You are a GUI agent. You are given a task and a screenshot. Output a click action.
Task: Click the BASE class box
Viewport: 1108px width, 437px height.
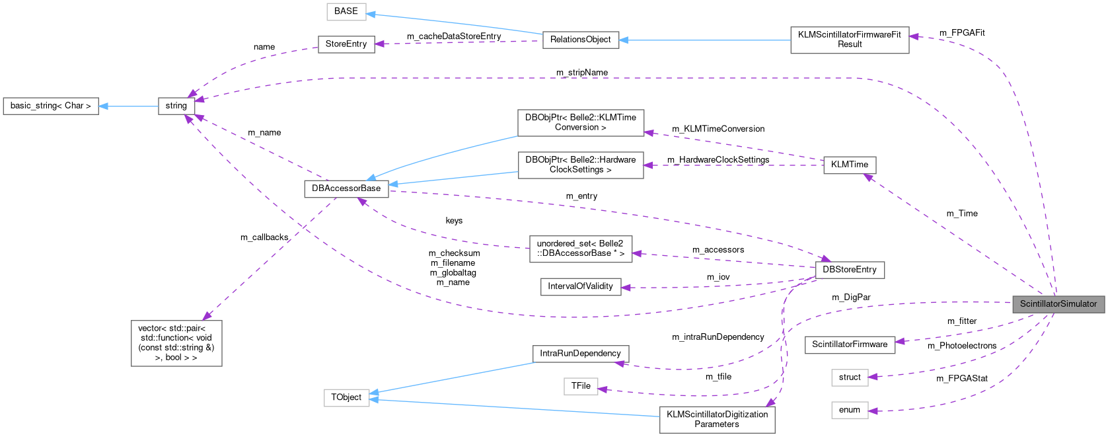pyautogui.click(x=346, y=11)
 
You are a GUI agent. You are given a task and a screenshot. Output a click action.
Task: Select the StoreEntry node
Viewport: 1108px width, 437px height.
pyautogui.click(x=346, y=44)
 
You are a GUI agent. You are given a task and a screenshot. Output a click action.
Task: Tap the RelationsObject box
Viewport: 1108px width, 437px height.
pyautogui.click(x=580, y=40)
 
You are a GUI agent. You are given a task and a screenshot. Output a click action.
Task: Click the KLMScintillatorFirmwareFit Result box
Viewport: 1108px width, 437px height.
pyautogui.click(x=849, y=40)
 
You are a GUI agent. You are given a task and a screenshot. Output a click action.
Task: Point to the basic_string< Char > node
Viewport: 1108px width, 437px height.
pyautogui.click(x=51, y=106)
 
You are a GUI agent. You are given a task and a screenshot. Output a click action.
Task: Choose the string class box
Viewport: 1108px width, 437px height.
pyautogui.click(x=176, y=106)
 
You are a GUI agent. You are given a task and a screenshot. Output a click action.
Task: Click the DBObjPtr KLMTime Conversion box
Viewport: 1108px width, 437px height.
pyautogui.click(x=580, y=122)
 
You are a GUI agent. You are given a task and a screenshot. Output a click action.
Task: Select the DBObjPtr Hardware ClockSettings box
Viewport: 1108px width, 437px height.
pyautogui.click(x=580, y=165)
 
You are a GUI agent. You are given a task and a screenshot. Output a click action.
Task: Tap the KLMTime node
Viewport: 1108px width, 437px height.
pyautogui.click(x=849, y=165)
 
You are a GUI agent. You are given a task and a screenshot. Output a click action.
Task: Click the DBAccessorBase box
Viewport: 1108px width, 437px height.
pyautogui.click(x=346, y=188)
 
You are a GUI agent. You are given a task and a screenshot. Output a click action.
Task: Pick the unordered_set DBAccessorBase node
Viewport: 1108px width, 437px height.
pyautogui.click(x=580, y=249)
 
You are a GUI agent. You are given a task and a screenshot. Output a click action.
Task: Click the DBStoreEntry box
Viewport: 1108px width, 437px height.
pyautogui.click(x=849, y=270)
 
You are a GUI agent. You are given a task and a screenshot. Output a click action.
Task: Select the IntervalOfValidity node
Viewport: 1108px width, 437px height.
pyautogui.click(x=580, y=286)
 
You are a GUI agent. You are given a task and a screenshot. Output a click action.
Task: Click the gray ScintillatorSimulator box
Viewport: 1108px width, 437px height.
pyautogui.click(x=1058, y=304)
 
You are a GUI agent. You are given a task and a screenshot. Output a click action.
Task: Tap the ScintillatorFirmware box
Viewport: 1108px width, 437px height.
pyautogui.click(x=849, y=344)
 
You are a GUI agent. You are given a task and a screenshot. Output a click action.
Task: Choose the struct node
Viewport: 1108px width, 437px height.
pyautogui.click(x=849, y=377)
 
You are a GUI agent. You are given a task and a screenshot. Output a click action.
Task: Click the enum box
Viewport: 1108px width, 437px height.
pyautogui.click(x=849, y=410)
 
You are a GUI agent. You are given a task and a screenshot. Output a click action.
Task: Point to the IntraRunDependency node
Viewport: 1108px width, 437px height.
pyautogui.click(x=580, y=354)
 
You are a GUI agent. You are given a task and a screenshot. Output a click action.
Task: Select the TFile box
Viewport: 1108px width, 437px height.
pyautogui.click(x=580, y=386)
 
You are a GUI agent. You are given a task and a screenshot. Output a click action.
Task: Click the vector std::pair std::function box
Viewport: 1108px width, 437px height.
pyautogui.click(x=176, y=343)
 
